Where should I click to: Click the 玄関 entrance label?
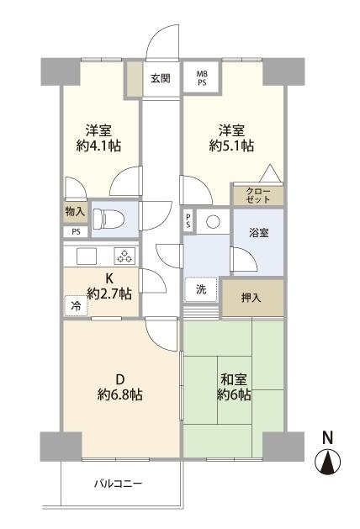tap(161, 79)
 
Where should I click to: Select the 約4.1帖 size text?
tap(100, 145)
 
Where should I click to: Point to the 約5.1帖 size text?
tap(232, 145)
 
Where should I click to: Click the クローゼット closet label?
tap(258, 195)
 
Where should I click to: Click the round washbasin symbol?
tap(213, 222)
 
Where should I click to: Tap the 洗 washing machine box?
tap(201, 288)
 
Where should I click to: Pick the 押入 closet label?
tap(251, 298)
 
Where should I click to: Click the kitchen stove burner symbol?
tap(123, 257)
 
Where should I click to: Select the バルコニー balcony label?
tap(118, 484)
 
